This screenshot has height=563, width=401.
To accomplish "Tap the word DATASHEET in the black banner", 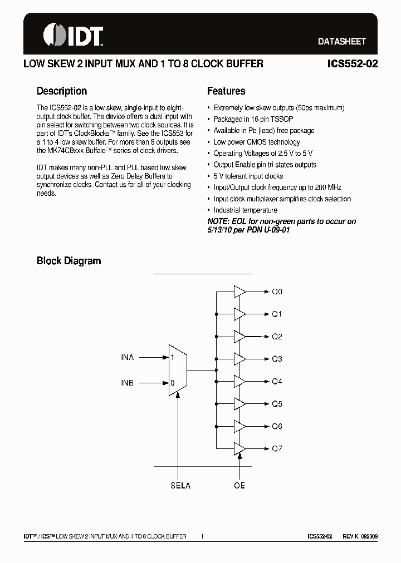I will coord(341,42).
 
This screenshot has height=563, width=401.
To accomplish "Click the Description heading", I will coord(62,91).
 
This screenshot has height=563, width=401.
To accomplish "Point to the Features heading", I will coord(226,91).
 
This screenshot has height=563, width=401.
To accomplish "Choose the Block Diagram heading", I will coord(69,260).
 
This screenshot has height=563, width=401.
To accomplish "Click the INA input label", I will coord(128,357).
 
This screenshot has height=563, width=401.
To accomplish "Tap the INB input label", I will coord(128,383).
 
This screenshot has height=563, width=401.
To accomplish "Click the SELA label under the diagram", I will coord(180,486).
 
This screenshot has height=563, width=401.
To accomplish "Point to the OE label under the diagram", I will coord(239,486).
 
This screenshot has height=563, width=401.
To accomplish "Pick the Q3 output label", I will coord(277,359).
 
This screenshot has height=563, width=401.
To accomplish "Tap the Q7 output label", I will coord(277,448).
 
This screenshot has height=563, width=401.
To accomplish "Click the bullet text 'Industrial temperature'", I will coord(245,210).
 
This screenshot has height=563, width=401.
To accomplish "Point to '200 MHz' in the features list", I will coord(328,187).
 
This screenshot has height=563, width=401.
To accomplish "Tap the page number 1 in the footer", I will coord(203,536).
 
